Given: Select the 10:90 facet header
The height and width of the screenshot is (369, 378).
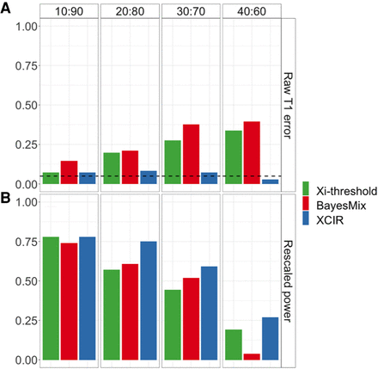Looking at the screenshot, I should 69,12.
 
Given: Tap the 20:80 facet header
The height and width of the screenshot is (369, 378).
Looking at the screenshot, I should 130,12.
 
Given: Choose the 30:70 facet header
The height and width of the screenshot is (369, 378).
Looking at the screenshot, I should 190,12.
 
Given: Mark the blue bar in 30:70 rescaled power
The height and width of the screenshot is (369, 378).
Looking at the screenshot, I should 209,313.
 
